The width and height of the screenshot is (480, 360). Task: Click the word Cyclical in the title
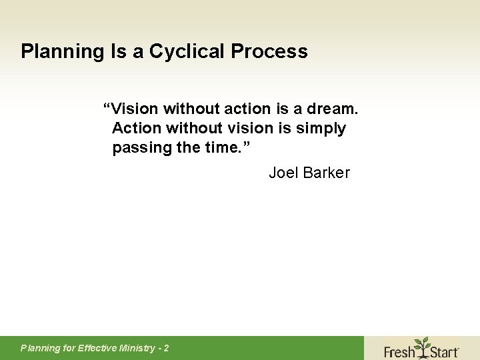coord(191,51)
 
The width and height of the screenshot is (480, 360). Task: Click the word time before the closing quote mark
coord(219,147)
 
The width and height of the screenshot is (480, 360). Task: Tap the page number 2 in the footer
coord(166,348)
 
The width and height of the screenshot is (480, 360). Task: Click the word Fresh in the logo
coord(399,350)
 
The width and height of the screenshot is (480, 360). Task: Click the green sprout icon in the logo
coord(421,346)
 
